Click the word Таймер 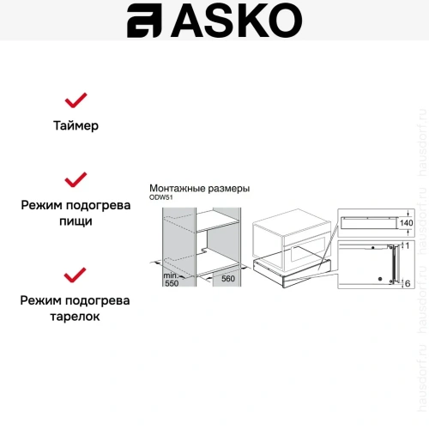76,125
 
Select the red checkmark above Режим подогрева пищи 76,179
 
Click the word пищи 76,221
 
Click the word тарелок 76,317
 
